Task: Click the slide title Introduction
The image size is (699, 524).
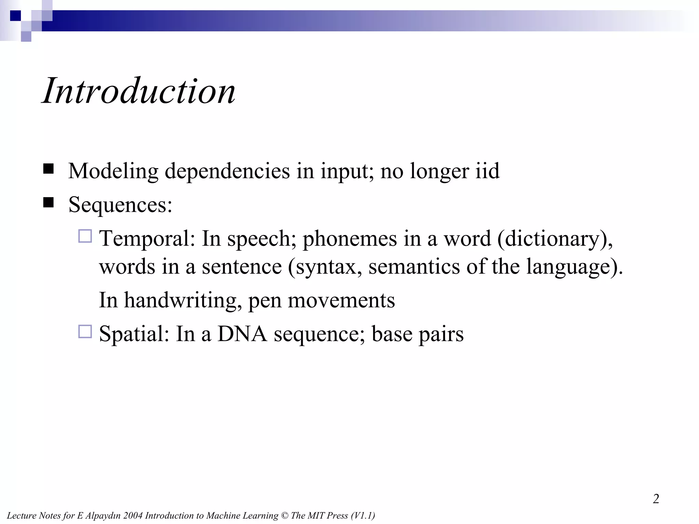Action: coord(139,91)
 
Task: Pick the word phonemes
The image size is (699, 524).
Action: coord(349,238)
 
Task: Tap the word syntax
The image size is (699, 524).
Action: coord(326,266)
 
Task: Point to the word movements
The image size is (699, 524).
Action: coord(341,300)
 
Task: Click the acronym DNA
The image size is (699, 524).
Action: coord(242,334)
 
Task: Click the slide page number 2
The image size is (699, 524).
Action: coord(656,499)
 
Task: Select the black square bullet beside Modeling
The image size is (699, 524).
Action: coord(49,169)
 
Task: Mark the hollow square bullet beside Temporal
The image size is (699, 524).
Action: coord(85,236)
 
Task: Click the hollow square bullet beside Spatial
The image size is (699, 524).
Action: coord(85,331)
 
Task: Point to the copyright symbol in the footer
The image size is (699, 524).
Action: coord(284,515)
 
